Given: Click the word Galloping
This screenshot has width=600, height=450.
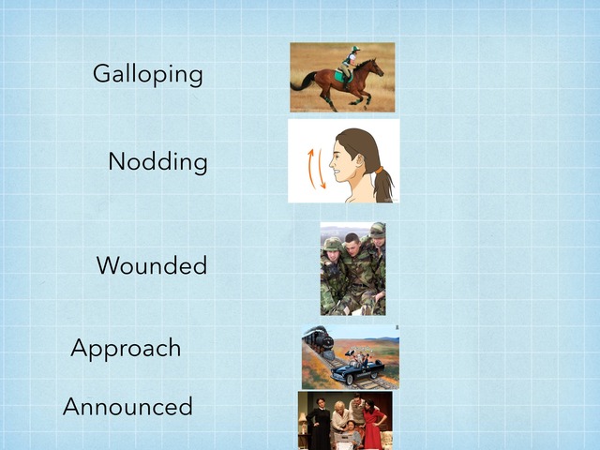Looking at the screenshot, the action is click(x=148, y=75).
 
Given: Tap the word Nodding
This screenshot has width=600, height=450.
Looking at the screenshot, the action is click(x=157, y=161).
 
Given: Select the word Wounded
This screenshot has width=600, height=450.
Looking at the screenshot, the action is click(x=152, y=265).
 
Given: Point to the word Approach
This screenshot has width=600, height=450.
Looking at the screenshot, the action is click(x=126, y=348).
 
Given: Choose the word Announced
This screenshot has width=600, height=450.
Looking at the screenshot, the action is click(x=127, y=406).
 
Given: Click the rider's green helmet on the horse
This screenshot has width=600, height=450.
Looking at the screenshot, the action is click(x=355, y=49).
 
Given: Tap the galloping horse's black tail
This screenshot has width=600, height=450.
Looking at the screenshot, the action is click(x=303, y=82).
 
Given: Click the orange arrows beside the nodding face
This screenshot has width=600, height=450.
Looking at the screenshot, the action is click(x=317, y=169).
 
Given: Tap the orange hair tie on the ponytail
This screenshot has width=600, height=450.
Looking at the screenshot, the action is click(x=379, y=170).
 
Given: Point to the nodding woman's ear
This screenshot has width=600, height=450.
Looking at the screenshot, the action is click(x=360, y=161).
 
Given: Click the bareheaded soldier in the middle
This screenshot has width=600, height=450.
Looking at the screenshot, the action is click(x=354, y=268).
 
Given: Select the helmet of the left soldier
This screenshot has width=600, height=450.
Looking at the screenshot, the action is click(x=332, y=244).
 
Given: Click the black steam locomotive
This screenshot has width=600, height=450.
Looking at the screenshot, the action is click(x=318, y=341).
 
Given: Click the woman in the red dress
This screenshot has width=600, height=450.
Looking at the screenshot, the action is click(x=372, y=423).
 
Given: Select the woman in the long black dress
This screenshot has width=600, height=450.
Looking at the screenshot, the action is click(x=319, y=423).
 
